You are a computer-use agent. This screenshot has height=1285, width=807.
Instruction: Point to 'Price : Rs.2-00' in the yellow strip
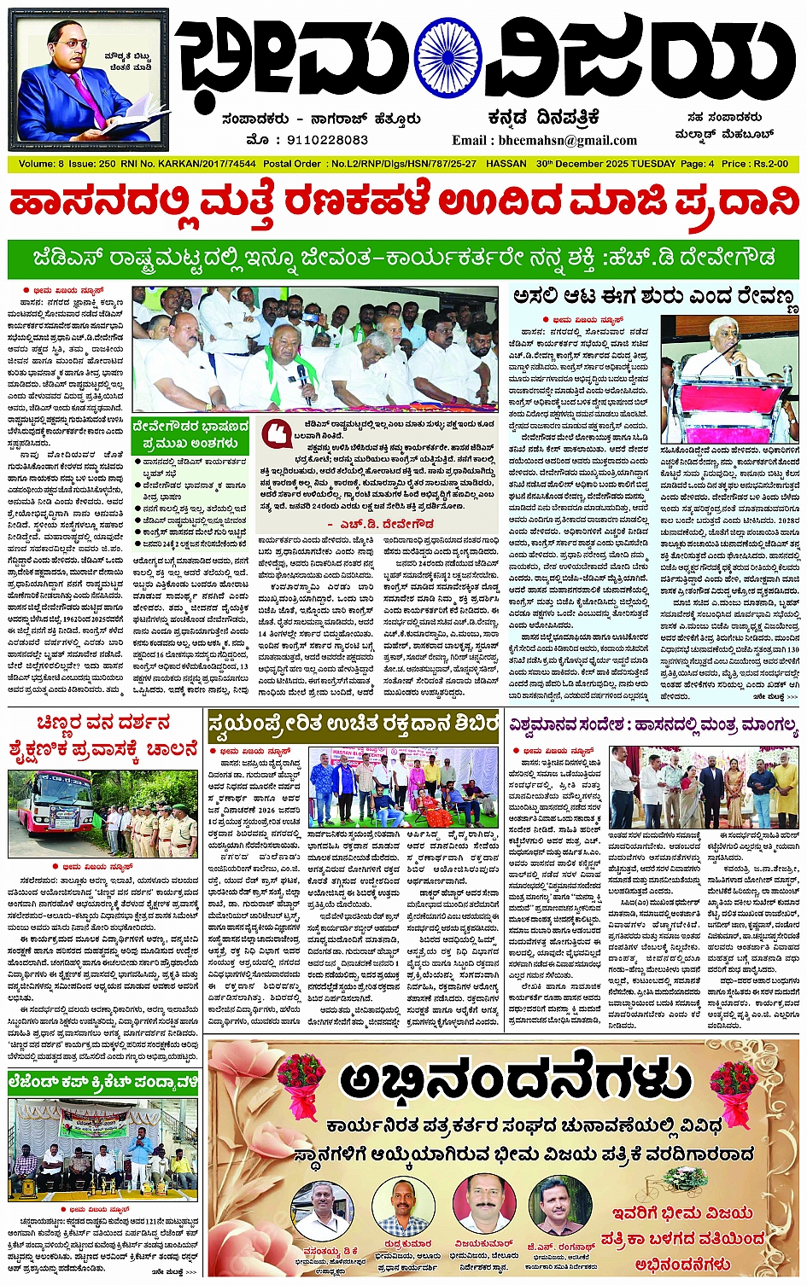point(755,163)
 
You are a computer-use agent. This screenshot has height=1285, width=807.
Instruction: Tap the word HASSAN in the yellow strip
point(506,163)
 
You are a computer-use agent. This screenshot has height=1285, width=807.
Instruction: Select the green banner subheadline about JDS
point(403,258)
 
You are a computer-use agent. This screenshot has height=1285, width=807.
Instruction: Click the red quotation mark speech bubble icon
point(276,433)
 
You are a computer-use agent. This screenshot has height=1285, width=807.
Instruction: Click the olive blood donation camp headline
point(353,725)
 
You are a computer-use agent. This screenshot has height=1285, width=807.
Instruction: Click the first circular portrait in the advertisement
point(323,1207)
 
